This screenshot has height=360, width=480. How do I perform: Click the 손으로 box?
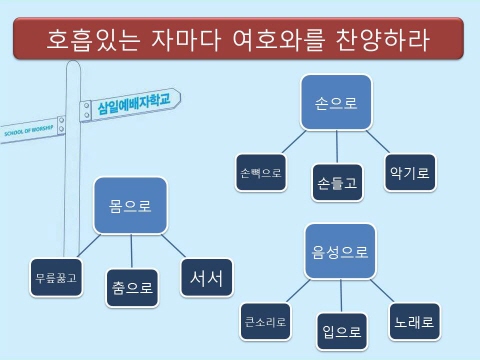[x=337, y=101]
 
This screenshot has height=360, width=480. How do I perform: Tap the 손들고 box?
[x=336, y=182]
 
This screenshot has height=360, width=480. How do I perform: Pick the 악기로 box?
[x=410, y=172]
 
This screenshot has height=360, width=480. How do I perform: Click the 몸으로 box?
[x=130, y=207]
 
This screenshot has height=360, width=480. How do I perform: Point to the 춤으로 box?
[x=132, y=288]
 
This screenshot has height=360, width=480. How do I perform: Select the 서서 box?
[x=206, y=277]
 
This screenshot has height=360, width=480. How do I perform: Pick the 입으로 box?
[x=341, y=331]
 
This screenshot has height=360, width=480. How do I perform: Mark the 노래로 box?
[x=414, y=322]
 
